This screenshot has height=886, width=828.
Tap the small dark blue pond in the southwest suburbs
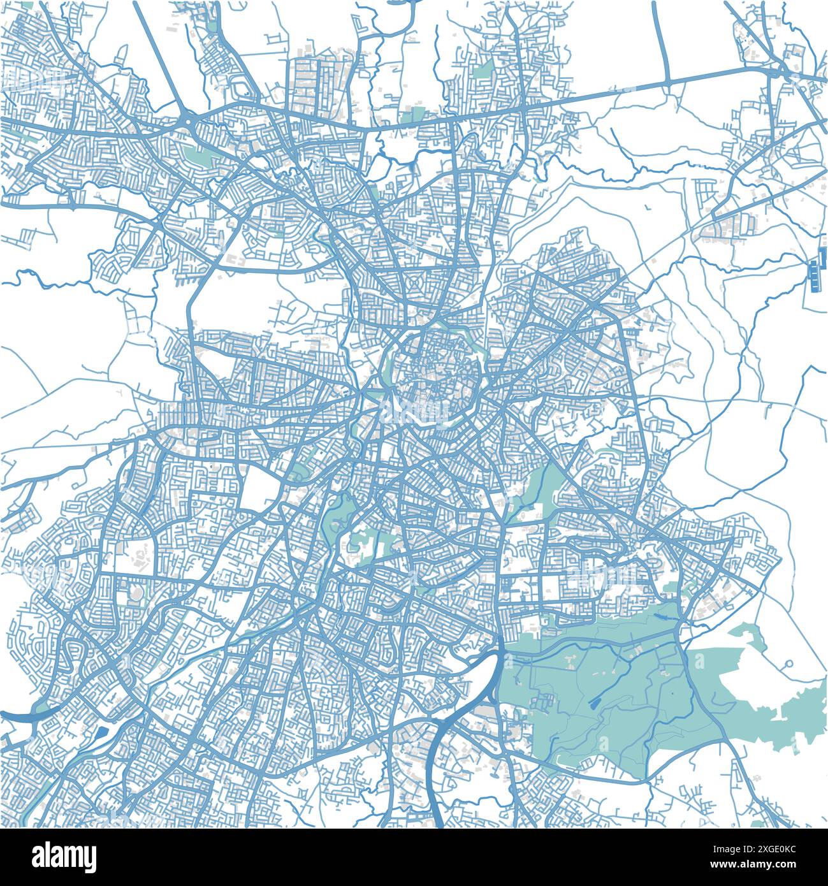[x=102, y=732]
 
